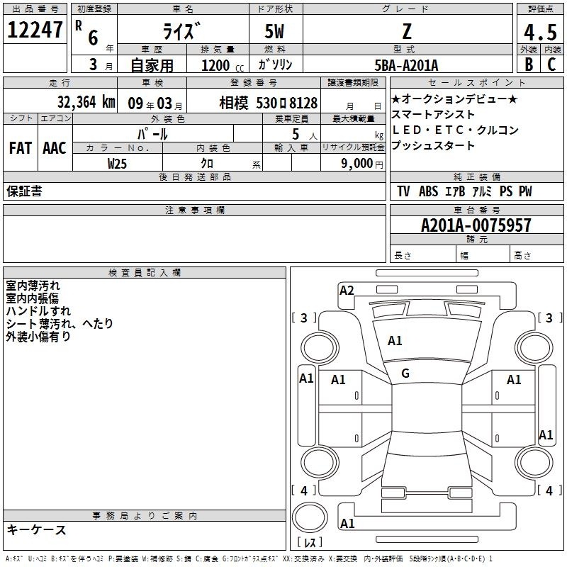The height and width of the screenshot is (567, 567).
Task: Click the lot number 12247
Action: [x=35, y=30]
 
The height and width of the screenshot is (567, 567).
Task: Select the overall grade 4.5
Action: [x=540, y=33]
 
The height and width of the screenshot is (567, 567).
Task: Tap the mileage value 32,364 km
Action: [x=86, y=102]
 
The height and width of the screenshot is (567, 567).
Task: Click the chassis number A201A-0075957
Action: [x=476, y=225]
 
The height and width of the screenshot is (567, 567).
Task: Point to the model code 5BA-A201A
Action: [x=406, y=65]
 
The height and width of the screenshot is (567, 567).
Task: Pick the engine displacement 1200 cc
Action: [x=223, y=65]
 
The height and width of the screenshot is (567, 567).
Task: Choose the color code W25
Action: [x=117, y=164]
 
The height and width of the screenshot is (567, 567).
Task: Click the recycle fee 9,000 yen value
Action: [x=361, y=164]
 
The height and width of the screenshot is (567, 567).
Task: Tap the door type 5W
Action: [x=274, y=31]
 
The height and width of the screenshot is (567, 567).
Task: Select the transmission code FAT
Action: [x=21, y=148]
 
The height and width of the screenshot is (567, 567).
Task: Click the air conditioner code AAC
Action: [x=55, y=148]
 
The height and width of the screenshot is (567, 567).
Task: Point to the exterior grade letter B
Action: [x=529, y=64]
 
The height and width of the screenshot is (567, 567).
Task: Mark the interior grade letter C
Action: [x=551, y=64]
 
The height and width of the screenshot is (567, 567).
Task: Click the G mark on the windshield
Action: [x=405, y=374]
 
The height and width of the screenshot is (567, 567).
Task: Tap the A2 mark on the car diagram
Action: [x=347, y=291]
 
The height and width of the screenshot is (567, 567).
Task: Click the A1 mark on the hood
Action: [x=395, y=341]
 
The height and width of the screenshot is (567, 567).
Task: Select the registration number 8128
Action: [x=303, y=103]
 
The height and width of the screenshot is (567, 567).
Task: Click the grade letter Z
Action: [x=407, y=31]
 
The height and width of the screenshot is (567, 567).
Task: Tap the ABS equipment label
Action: [x=429, y=191]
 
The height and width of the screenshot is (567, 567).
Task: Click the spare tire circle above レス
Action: [x=310, y=517]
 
